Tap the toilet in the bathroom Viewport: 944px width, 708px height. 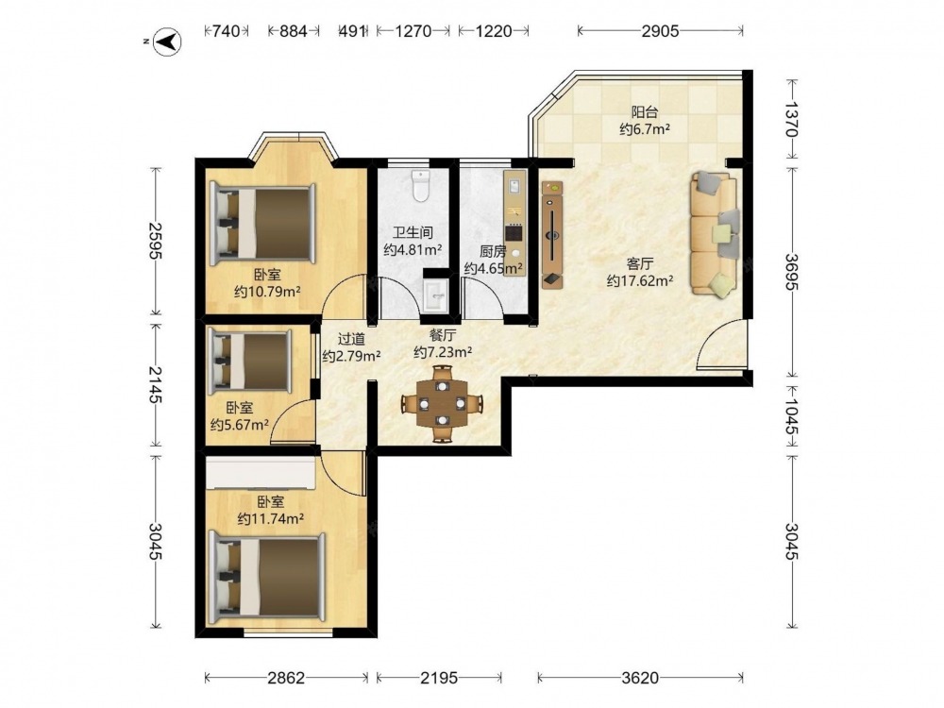tap(421, 185)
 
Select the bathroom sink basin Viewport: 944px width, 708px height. tap(436, 296)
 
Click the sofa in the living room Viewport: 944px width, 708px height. tap(716, 233)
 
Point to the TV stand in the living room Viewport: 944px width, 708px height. tap(552, 235)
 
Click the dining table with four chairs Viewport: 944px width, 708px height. tap(443, 403)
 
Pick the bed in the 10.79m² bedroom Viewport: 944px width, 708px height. tap(263, 224)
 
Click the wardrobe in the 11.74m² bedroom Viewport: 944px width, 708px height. tap(261, 473)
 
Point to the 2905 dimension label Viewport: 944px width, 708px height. tap(660, 31)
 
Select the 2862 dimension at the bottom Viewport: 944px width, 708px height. tap(286, 678)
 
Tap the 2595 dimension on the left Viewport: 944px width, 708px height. tap(156, 241)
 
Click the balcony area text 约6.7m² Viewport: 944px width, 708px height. tap(646, 128)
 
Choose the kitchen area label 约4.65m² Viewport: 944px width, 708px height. tap(493, 268)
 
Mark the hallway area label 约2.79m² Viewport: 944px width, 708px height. tap(351, 356)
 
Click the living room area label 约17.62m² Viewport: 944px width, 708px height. tap(640, 280)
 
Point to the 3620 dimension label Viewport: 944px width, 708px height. tap(640, 678)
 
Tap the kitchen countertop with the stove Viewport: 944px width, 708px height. tap(514, 223)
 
